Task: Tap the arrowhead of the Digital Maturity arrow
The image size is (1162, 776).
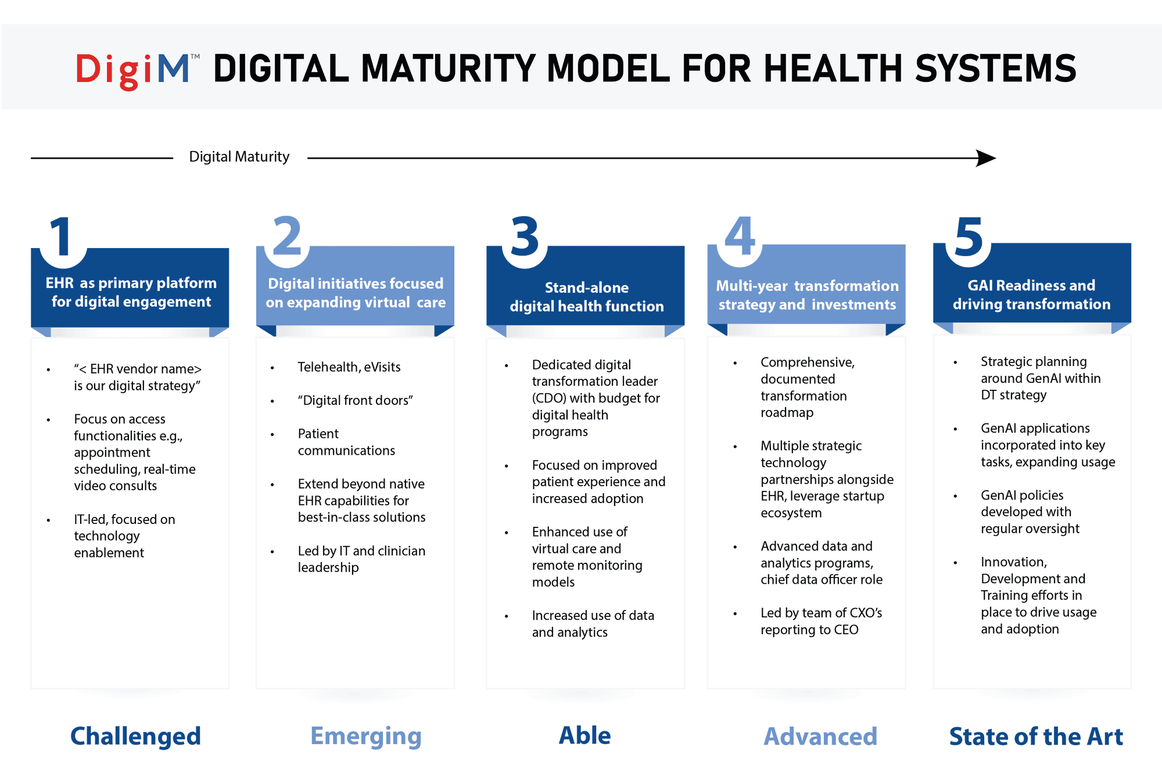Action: (x=986, y=158)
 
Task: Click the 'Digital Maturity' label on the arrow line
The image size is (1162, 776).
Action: (x=239, y=157)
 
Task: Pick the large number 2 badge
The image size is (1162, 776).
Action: (x=287, y=236)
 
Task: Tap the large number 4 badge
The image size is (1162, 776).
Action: (x=740, y=236)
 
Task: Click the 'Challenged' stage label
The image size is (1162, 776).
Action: (x=135, y=736)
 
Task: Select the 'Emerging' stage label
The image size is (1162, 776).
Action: (x=365, y=736)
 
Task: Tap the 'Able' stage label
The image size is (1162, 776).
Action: (x=584, y=735)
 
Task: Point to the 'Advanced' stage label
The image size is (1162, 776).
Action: (x=820, y=737)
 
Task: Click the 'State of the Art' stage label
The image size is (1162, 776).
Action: (x=1036, y=737)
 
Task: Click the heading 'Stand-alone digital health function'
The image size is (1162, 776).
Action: (x=586, y=297)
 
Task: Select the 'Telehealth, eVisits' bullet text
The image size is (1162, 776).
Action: (x=349, y=367)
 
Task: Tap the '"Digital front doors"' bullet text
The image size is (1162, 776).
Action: (x=355, y=400)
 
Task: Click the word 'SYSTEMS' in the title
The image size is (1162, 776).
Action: (x=995, y=69)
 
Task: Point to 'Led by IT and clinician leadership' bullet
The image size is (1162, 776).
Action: (x=361, y=559)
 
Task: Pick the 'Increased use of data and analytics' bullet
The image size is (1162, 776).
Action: (x=593, y=624)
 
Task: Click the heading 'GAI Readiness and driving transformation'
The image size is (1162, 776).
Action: (x=1031, y=294)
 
